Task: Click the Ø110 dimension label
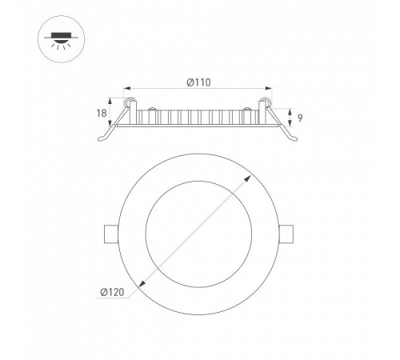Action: pos(198,82)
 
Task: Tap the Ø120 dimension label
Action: pos(112,292)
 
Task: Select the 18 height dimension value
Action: pos(102,114)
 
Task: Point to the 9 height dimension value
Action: pos(300,118)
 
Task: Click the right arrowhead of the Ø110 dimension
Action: pos(268,88)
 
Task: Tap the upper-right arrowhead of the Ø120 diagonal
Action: pos(248,178)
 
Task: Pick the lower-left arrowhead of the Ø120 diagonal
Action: pos(142,284)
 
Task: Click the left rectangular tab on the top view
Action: pos(111,234)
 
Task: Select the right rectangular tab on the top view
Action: pos(286,234)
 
